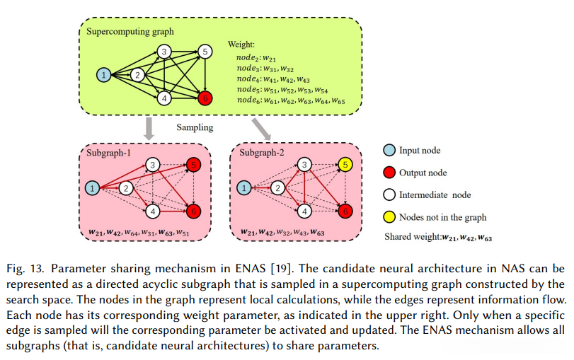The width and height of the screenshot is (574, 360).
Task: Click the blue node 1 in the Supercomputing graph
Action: point(104,74)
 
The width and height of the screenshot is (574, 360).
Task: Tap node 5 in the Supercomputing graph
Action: point(205,51)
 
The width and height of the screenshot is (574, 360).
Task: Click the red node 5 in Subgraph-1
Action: point(194,165)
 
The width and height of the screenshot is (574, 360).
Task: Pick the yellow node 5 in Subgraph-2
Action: point(345,165)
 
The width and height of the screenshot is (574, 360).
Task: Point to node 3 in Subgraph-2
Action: point(304,165)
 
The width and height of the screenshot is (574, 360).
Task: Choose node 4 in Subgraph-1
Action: point(154,211)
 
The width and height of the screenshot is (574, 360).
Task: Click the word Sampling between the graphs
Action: point(195,128)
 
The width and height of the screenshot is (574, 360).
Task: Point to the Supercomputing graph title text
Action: point(130,31)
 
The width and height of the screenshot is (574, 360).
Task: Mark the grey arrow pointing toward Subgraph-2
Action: point(261,128)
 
